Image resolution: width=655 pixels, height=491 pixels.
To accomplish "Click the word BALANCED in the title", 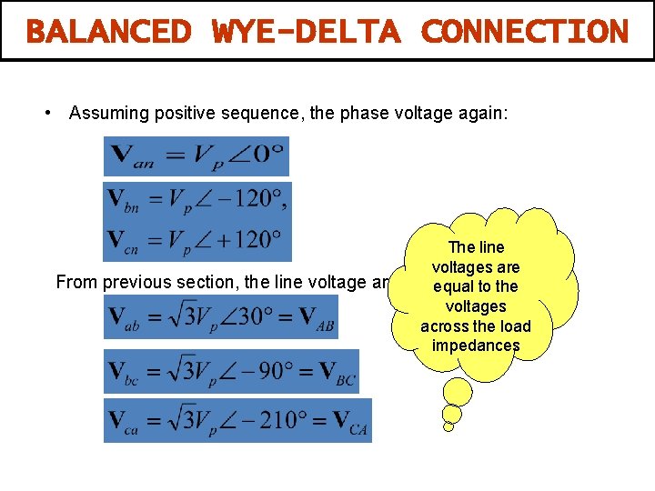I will click(108, 32).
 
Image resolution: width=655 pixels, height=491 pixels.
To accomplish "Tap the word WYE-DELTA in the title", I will click(306, 32).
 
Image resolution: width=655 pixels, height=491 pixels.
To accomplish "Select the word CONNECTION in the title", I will click(525, 32).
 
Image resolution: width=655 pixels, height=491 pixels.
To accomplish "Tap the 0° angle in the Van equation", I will click(262, 154).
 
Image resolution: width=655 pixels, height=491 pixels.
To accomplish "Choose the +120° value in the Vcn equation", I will click(246, 240).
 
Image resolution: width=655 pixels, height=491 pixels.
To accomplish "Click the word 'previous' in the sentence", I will click(136, 282).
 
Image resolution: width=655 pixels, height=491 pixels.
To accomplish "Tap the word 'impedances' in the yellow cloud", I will click(476, 346).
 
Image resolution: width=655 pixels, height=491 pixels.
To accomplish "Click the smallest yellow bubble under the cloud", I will click(448, 426).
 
